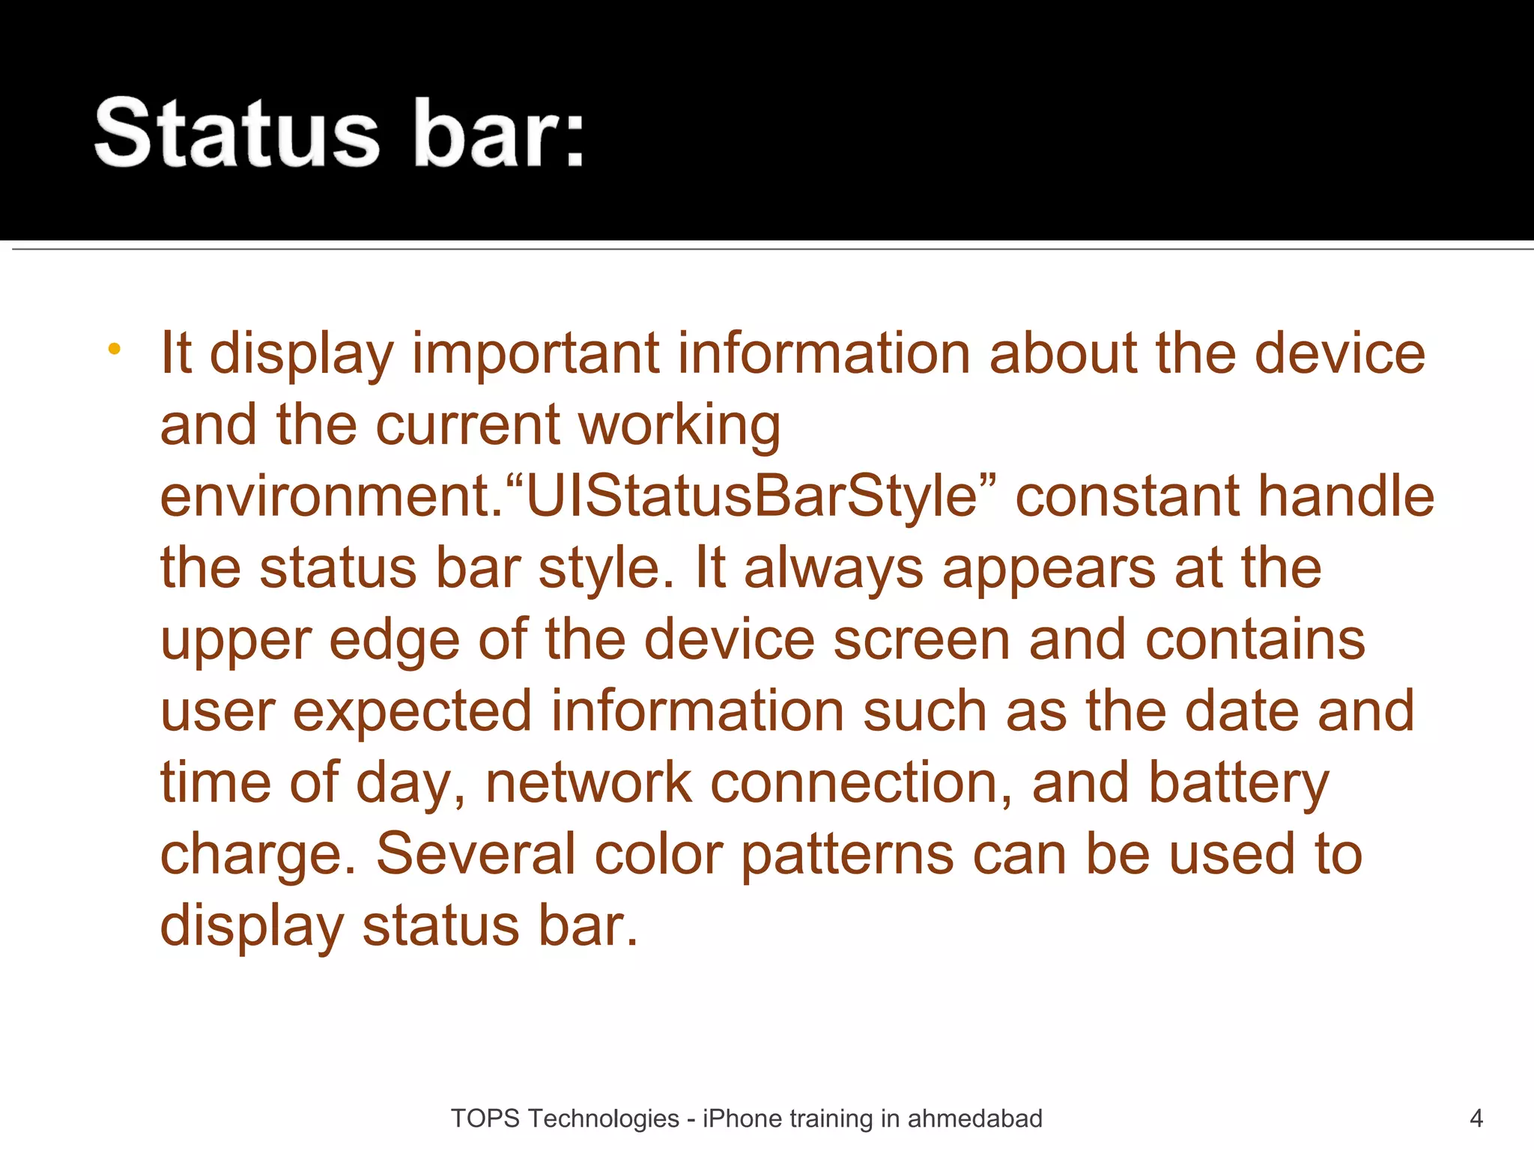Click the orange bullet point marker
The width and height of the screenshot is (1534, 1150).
click(114, 349)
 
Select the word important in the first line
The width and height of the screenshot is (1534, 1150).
click(536, 353)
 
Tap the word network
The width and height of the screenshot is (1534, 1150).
click(589, 783)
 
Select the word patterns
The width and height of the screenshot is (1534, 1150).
click(847, 854)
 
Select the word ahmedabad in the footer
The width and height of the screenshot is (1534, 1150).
click(974, 1119)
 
